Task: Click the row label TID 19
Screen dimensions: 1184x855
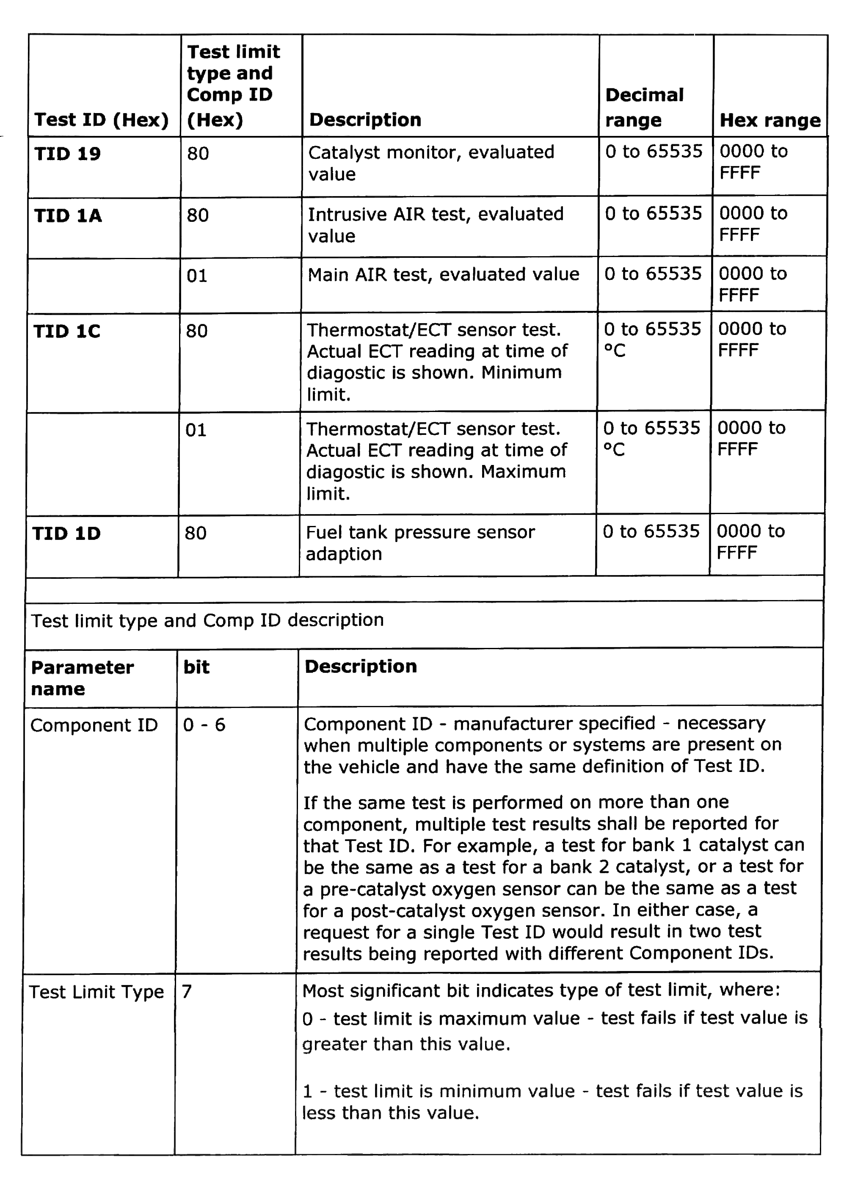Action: (x=67, y=154)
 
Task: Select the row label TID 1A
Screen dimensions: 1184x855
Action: (x=68, y=216)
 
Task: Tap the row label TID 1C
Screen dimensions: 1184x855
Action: (x=67, y=332)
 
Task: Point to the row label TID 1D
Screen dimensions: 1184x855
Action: (x=66, y=534)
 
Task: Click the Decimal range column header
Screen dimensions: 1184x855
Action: (x=644, y=108)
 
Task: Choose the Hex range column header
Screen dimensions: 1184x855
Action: (x=770, y=121)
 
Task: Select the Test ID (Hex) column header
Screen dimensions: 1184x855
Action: (x=102, y=120)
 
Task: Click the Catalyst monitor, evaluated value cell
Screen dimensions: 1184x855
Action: (x=431, y=163)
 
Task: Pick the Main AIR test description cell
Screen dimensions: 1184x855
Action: (x=444, y=274)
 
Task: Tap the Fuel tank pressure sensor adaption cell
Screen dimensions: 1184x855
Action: (x=420, y=543)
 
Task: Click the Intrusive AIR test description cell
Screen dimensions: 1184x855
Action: (x=436, y=225)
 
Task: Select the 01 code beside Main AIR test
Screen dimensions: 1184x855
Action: (x=197, y=276)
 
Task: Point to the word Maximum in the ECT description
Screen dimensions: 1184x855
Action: (x=523, y=472)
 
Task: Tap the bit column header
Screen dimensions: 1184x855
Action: (x=196, y=667)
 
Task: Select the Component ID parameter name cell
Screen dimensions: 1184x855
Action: (x=94, y=725)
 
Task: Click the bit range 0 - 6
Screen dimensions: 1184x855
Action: (x=204, y=725)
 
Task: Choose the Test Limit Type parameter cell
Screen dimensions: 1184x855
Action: (x=97, y=992)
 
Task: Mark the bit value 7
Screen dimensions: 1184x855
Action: (x=187, y=991)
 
